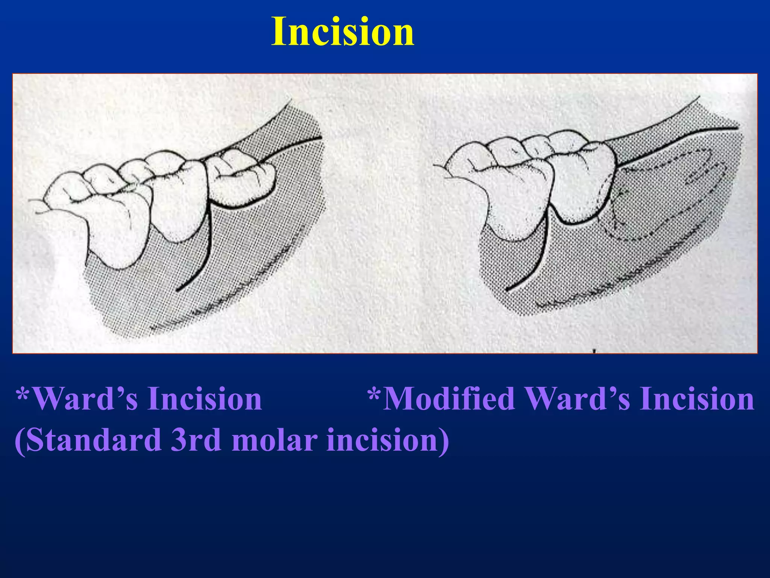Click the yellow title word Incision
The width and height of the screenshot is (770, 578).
click(343, 32)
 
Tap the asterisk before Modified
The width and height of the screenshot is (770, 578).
click(374, 395)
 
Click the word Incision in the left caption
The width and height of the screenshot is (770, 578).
click(205, 399)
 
